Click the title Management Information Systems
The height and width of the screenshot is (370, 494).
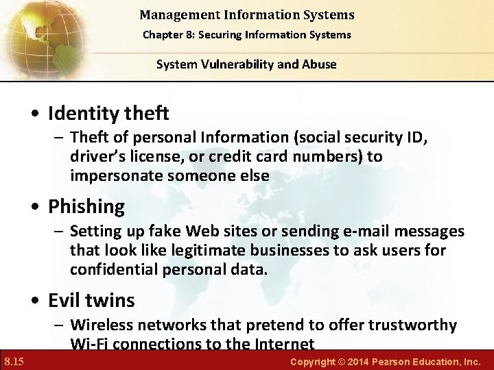click(246, 14)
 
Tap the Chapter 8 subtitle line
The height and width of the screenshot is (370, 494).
click(246, 34)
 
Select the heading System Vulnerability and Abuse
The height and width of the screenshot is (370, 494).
click(246, 64)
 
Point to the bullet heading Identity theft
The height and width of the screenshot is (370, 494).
click(108, 112)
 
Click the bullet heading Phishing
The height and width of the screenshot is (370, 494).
click(86, 206)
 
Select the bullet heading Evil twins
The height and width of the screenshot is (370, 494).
click(91, 300)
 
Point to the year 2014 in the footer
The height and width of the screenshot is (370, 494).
click(338, 361)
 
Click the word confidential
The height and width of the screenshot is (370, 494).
click(115, 269)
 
